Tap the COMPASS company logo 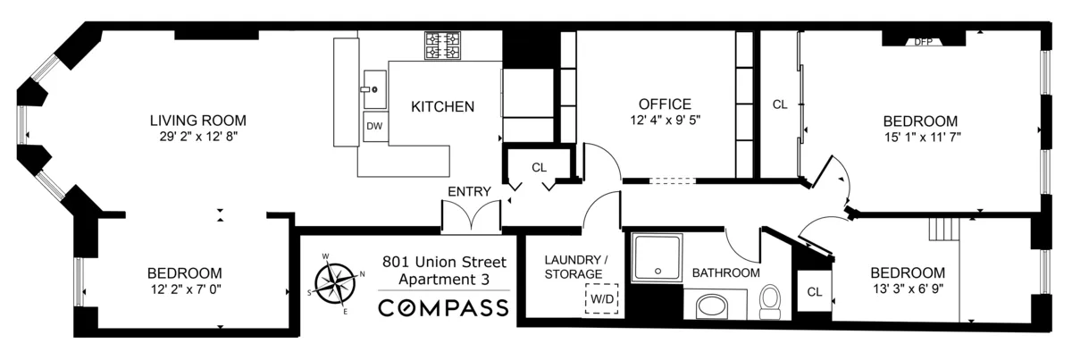(x=444, y=308)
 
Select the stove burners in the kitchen (x=442, y=46)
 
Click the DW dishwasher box (x=374, y=126)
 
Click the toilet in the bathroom (x=770, y=301)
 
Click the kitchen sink (x=374, y=88)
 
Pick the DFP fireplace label (x=923, y=41)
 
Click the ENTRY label (x=469, y=191)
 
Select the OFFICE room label (x=665, y=104)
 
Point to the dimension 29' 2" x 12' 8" (x=197, y=137)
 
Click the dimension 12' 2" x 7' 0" (x=185, y=289)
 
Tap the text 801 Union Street (x=444, y=262)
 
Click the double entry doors (x=470, y=217)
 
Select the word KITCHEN (x=442, y=106)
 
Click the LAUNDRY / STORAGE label (x=575, y=267)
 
